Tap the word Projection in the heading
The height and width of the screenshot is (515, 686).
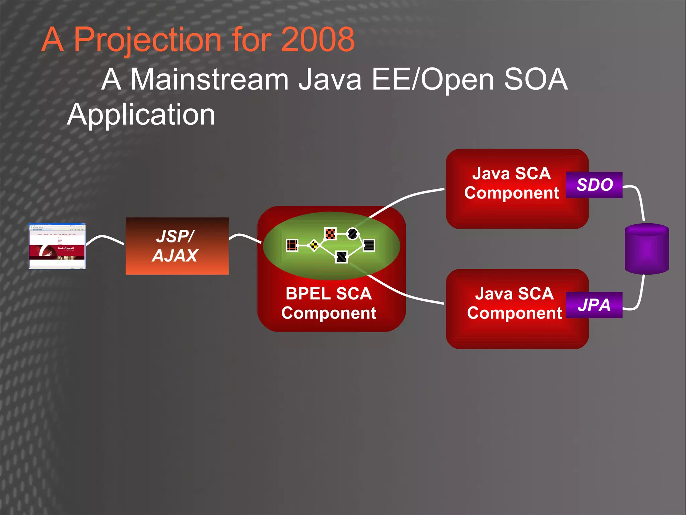(x=147, y=40)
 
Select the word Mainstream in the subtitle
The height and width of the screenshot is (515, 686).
(x=209, y=79)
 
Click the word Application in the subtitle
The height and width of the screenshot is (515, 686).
(x=141, y=115)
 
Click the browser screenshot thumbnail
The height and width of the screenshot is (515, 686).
(x=57, y=246)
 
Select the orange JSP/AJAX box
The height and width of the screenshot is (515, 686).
(x=177, y=246)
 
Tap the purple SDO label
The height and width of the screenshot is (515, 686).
(x=594, y=185)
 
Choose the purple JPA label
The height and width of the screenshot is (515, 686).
(x=594, y=305)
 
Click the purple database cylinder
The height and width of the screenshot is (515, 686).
(x=646, y=249)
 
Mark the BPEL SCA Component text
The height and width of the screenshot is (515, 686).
(x=329, y=303)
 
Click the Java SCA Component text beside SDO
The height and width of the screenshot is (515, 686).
(x=511, y=183)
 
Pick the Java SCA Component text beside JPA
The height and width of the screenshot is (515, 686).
(x=514, y=303)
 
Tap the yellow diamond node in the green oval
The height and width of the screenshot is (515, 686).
(x=314, y=245)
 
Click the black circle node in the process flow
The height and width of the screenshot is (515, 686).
(x=352, y=233)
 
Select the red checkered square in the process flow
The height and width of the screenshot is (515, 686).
(x=330, y=233)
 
